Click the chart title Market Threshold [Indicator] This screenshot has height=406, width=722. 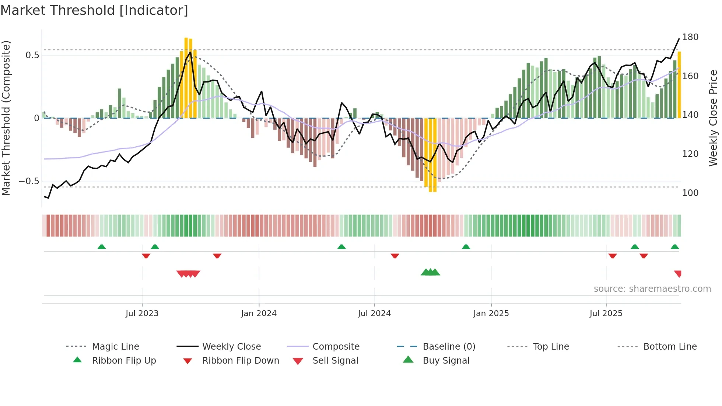coord(94,10)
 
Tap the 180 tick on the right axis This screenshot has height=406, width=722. coord(690,37)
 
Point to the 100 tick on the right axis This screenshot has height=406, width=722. coord(690,193)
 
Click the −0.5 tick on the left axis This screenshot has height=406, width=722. coord(29,181)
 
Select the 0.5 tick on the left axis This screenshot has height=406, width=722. coord(32,55)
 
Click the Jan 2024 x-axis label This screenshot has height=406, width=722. coord(259,314)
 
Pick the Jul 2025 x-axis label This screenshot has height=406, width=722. coord(606,314)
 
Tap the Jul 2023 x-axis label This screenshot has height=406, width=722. coord(142,314)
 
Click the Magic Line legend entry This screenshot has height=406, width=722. coord(115,347)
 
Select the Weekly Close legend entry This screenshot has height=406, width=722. coord(231,347)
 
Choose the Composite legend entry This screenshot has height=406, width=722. coord(336,347)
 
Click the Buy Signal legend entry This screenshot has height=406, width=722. coord(446,361)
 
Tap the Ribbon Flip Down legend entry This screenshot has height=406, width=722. coord(240,361)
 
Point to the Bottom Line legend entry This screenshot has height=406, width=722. coord(670,347)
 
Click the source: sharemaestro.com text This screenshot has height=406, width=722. coord(652,289)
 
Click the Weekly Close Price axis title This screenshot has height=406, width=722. coord(713,118)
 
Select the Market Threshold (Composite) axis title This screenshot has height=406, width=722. coord(6,118)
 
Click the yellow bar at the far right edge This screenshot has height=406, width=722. coord(679,85)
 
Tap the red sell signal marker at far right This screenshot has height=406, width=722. coord(678,273)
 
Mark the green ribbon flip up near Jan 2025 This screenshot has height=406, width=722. coord(466,247)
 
